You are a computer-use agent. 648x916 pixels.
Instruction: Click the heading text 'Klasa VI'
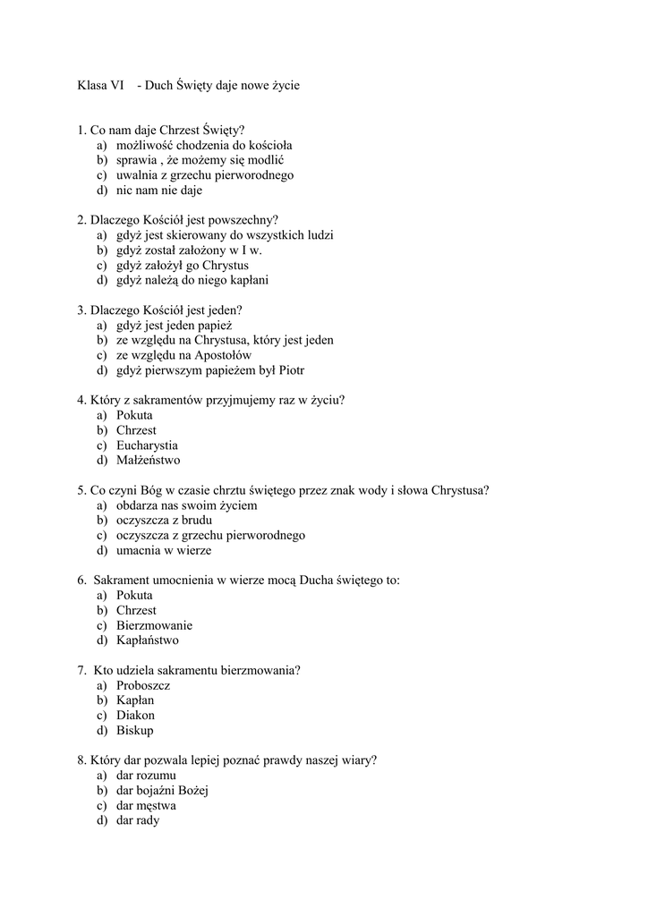click(x=100, y=86)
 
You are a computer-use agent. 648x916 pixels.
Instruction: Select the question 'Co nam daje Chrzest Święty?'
click(x=167, y=131)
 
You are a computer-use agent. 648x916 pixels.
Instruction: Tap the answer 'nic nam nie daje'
click(x=159, y=191)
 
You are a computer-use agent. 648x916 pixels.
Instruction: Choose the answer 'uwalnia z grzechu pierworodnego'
click(x=204, y=175)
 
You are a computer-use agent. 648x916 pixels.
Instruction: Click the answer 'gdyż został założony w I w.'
click(x=188, y=250)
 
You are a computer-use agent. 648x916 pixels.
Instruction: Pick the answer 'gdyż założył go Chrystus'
click(x=182, y=266)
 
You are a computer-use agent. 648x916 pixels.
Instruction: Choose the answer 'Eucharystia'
click(x=147, y=445)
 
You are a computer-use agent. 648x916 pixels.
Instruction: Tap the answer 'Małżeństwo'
click(x=148, y=461)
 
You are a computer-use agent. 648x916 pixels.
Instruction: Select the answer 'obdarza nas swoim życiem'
click(x=186, y=505)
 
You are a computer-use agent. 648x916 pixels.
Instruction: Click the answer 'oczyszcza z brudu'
click(x=164, y=521)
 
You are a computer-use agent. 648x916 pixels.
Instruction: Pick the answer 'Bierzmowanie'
click(x=154, y=625)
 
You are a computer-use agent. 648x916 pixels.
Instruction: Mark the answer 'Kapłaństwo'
click(x=147, y=640)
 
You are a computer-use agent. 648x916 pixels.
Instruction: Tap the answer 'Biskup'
click(x=134, y=730)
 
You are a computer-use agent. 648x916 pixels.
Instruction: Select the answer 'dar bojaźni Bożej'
click(x=162, y=790)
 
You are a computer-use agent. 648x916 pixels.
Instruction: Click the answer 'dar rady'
click(x=137, y=820)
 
